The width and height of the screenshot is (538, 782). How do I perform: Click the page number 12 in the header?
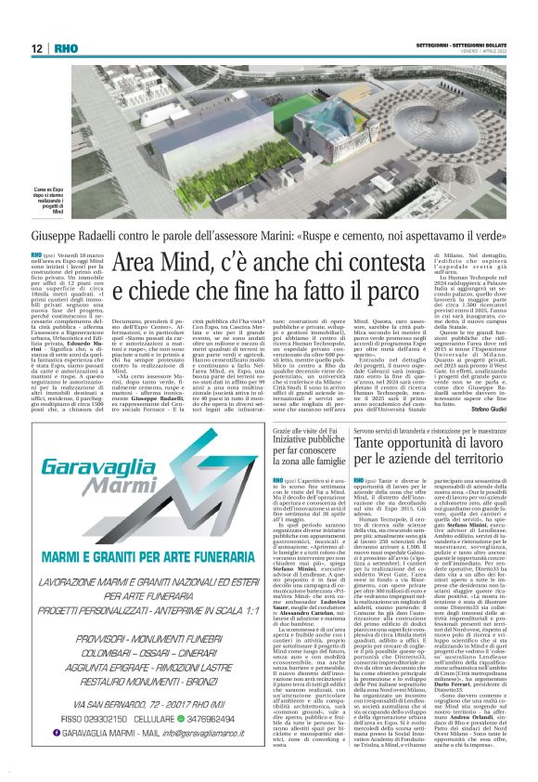(36, 48)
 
